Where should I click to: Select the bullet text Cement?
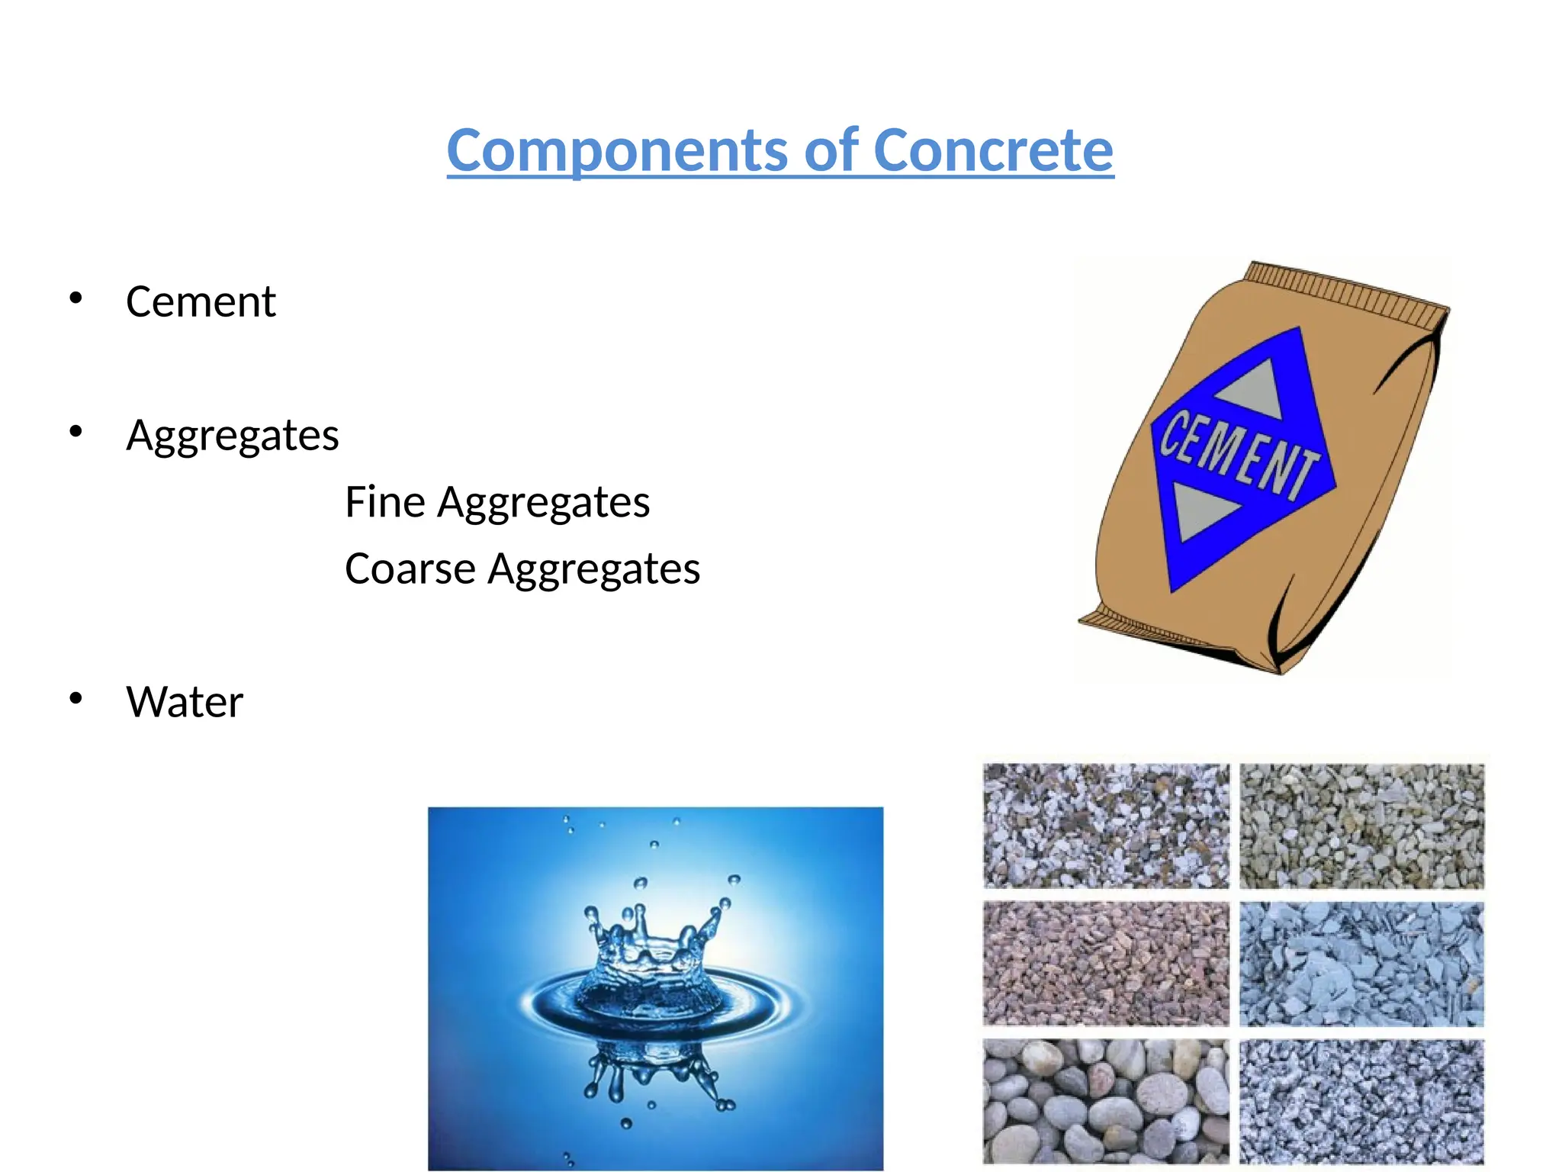[201, 301]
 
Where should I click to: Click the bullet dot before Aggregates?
[75, 432]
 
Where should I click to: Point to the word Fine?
[384, 502]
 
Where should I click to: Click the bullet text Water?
[185, 702]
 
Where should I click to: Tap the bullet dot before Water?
[75, 698]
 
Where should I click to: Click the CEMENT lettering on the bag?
[1239, 455]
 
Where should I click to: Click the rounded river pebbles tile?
[1105, 1101]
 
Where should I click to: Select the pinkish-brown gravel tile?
[1105, 964]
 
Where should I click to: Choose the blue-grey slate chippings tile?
[1361, 964]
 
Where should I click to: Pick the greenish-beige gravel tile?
[1361, 826]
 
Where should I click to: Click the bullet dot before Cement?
[75, 298]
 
